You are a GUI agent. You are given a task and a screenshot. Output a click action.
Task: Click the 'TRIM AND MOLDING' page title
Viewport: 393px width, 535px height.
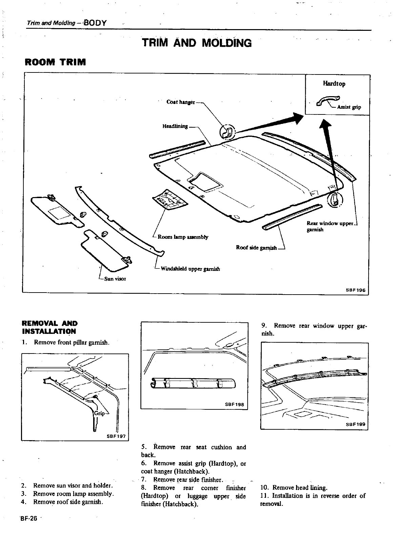coord(197,43)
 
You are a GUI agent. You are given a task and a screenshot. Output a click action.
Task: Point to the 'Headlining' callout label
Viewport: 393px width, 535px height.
coord(175,126)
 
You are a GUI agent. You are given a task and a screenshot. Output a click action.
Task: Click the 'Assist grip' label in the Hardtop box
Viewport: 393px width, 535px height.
coord(349,107)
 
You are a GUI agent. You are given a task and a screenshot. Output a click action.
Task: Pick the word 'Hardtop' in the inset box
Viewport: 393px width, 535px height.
coord(334,84)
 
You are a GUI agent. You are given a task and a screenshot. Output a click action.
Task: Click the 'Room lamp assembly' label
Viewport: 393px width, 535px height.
coord(183,237)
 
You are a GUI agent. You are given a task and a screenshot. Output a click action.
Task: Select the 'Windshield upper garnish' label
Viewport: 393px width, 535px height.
coord(190,269)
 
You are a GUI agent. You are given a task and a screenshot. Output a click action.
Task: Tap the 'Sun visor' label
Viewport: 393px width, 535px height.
coord(115,279)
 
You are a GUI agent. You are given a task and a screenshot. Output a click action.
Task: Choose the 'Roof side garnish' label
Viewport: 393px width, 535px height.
coord(256,248)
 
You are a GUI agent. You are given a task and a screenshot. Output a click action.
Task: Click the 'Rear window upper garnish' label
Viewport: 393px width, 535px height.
coord(330,226)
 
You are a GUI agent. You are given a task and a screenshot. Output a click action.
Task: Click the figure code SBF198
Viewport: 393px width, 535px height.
coord(234,404)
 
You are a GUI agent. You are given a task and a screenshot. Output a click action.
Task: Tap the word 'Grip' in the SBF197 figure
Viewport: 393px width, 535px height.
coord(100,413)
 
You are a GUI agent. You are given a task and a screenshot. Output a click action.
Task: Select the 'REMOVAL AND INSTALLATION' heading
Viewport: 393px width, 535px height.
coord(49,327)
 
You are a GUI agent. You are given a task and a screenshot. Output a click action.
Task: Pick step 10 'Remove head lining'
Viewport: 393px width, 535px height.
coord(294,488)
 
